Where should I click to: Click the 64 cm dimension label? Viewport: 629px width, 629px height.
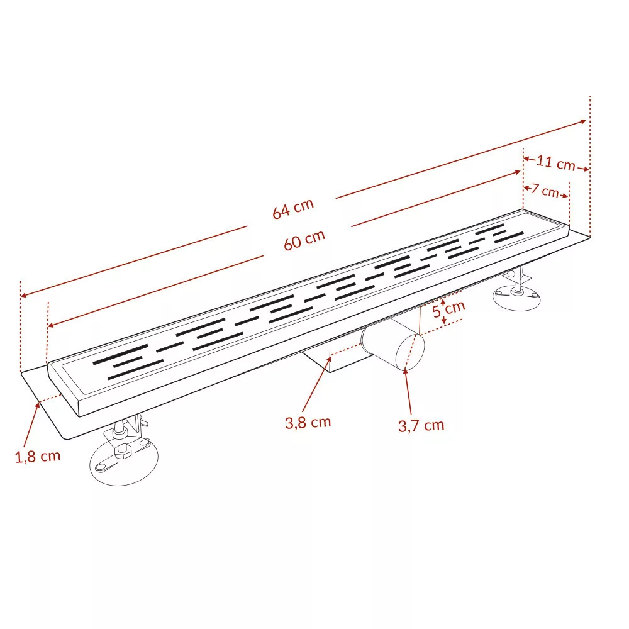293,209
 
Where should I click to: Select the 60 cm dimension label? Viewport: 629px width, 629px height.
304,240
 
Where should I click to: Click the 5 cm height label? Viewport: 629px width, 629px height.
449,309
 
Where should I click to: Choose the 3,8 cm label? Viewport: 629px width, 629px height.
308,423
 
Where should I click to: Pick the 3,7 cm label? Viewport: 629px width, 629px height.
421,425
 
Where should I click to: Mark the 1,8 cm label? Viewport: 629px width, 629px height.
38,456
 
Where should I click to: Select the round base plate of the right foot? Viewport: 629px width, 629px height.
516,298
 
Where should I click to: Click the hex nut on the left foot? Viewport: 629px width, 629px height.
121,451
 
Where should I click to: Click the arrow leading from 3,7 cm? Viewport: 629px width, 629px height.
408,391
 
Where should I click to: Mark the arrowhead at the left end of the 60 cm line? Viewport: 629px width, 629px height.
51,325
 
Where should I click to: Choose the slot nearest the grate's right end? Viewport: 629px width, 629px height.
509,237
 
